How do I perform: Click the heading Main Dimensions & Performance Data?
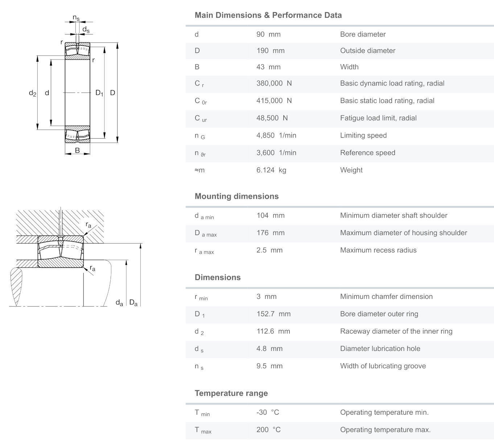pyautogui.click(x=268, y=15)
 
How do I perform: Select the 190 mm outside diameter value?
pyautogui.click(x=270, y=51)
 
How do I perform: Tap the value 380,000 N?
pyautogui.click(x=274, y=83)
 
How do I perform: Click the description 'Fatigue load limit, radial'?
pyautogui.click(x=378, y=118)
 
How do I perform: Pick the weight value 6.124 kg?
pyautogui.click(x=271, y=170)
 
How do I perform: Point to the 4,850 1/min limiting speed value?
pyautogui.click(x=276, y=136)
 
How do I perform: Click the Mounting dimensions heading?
pyautogui.click(x=236, y=196)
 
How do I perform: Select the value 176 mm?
pyautogui.click(x=270, y=233)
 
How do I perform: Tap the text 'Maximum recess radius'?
pyautogui.click(x=378, y=250)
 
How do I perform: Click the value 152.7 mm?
pyautogui.click(x=273, y=314)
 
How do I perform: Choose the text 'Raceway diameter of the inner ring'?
pyautogui.click(x=396, y=331)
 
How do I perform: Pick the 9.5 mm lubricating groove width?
pyautogui.click(x=269, y=366)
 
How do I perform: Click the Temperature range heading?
pyautogui.click(x=231, y=393)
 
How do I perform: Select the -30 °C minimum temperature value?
pyautogui.click(x=268, y=413)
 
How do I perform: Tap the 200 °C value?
pyautogui.click(x=268, y=430)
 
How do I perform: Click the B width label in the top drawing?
pyautogui.click(x=77, y=150)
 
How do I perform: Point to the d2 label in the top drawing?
pyautogui.click(x=33, y=93)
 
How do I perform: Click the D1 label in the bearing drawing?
pyautogui.click(x=99, y=93)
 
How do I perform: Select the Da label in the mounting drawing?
pyautogui.click(x=133, y=302)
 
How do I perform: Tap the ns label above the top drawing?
pyautogui.click(x=76, y=17)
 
